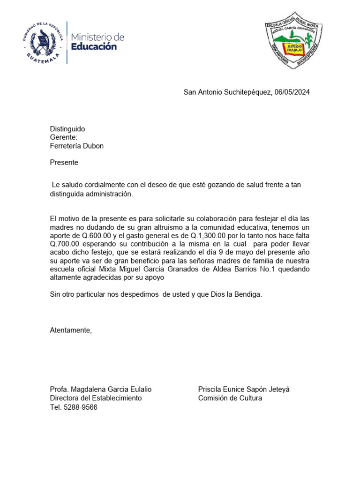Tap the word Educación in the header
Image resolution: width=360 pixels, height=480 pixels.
tap(94, 46)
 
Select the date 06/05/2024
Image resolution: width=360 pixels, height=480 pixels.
tap(292, 92)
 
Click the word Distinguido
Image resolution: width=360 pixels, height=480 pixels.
tap(67, 129)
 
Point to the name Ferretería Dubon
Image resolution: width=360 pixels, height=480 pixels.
tap(77, 146)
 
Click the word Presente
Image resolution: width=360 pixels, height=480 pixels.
tap(64, 163)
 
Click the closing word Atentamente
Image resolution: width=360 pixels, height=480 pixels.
tap(71, 330)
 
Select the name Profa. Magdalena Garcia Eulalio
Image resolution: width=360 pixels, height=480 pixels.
tap(101, 390)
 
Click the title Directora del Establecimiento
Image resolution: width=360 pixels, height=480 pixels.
tap(96, 398)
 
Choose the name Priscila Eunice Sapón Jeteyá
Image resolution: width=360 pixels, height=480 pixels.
tap(244, 390)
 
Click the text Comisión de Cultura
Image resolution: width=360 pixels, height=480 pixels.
tap(230, 398)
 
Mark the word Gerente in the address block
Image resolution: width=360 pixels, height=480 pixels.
tap(63, 137)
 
